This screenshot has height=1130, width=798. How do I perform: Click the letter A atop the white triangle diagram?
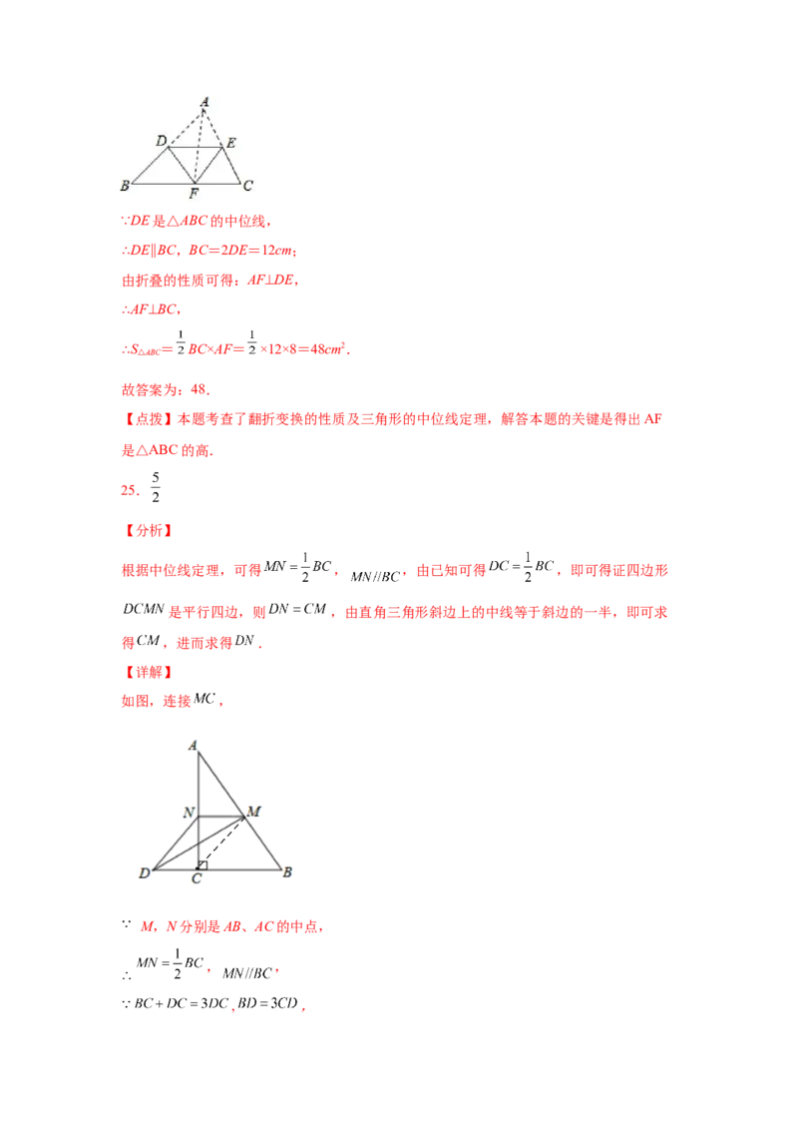point(204,102)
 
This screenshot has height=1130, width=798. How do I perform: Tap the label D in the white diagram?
point(161,142)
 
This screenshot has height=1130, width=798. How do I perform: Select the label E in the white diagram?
point(230,144)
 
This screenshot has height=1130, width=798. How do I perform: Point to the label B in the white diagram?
point(125,185)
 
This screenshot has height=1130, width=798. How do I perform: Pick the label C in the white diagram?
point(247,185)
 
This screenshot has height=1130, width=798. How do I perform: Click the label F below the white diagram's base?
point(194,193)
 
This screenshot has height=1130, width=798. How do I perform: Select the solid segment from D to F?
point(181,166)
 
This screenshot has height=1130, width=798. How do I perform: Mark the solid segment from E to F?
point(208,166)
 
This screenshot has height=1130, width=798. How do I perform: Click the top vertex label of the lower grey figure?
point(194,745)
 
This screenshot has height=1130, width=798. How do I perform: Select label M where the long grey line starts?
point(253,810)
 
